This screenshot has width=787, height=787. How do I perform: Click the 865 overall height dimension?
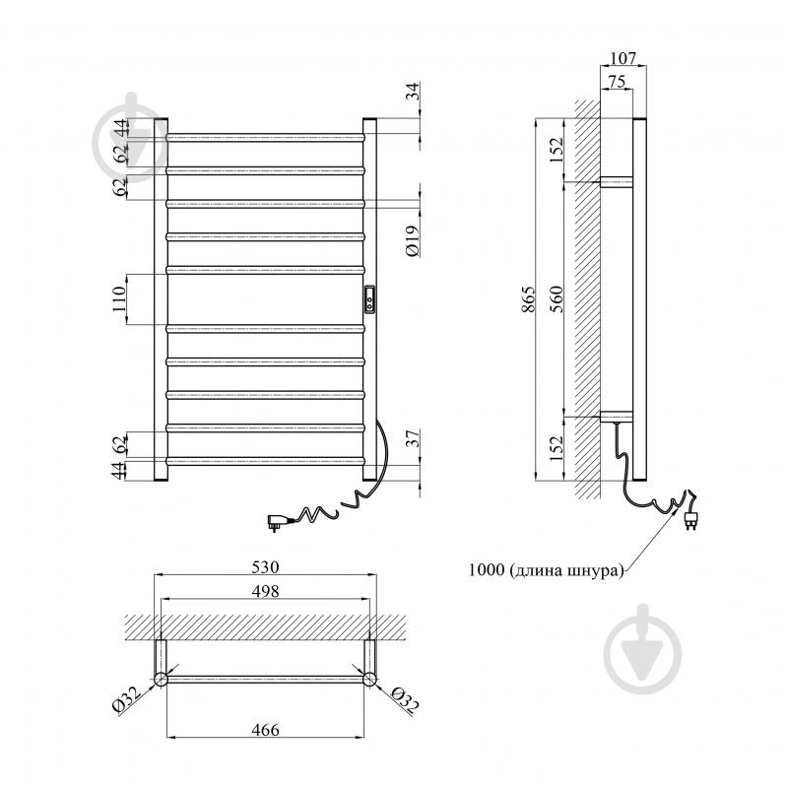[x=529, y=299]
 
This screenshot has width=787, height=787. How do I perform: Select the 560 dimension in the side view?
[x=557, y=299]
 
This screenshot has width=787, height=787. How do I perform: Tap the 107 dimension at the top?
[x=623, y=58]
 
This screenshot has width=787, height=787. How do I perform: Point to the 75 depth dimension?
[x=617, y=82]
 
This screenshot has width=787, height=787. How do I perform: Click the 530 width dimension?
[x=265, y=566]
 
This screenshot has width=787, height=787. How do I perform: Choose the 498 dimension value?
[x=265, y=591]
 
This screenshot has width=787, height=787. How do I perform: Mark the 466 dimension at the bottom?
[x=265, y=729]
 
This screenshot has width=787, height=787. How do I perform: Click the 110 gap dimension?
[x=119, y=299]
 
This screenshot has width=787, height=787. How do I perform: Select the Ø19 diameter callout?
[x=413, y=241]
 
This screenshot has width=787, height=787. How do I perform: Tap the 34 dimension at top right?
[x=413, y=91]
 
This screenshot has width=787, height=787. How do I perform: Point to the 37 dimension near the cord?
[x=413, y=439]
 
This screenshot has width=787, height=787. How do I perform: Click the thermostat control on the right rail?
[x=369, y=299]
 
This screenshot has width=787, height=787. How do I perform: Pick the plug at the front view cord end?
[x=277, y=521]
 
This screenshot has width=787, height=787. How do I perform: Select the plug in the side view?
[x=690, y=519]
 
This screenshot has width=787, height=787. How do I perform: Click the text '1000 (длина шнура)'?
[x=546, y=570]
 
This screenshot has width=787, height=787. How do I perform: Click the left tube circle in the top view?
[x=161, y=679]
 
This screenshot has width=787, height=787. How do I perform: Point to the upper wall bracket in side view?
[x=617, y=181]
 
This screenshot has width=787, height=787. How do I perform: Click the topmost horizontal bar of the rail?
[x=265, y=137]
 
